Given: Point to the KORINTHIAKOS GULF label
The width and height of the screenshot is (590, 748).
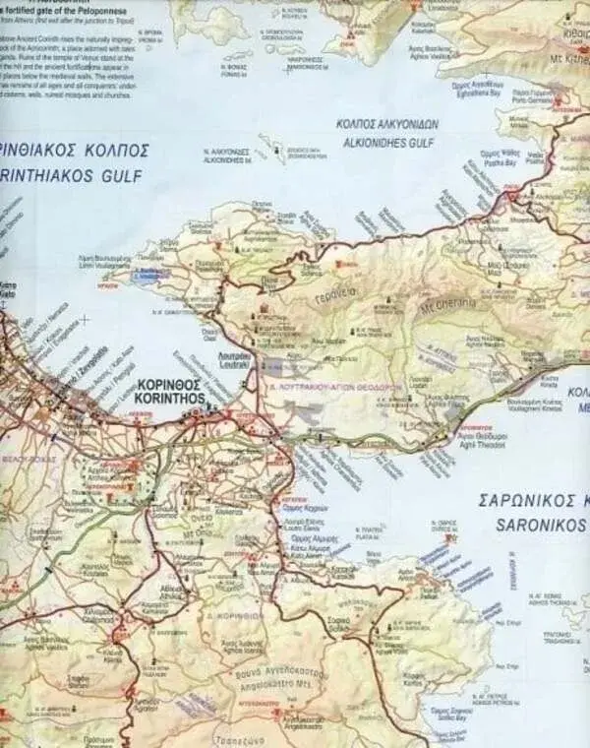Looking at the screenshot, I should (x=74, y=177).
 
